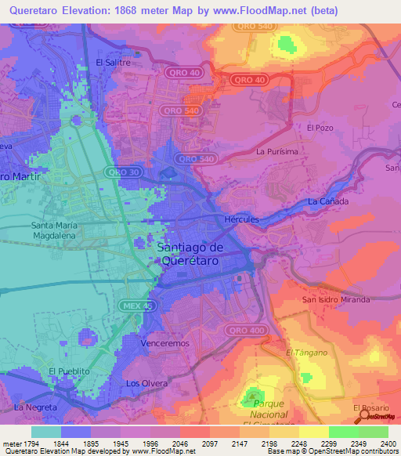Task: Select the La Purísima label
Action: [x=277, y=151]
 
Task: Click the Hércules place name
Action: [x=241, y=219]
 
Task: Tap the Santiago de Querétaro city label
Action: [x=191, y=254]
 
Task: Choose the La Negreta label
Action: [x=35, y=407]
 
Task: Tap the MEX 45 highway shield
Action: [x=135, y=304]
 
